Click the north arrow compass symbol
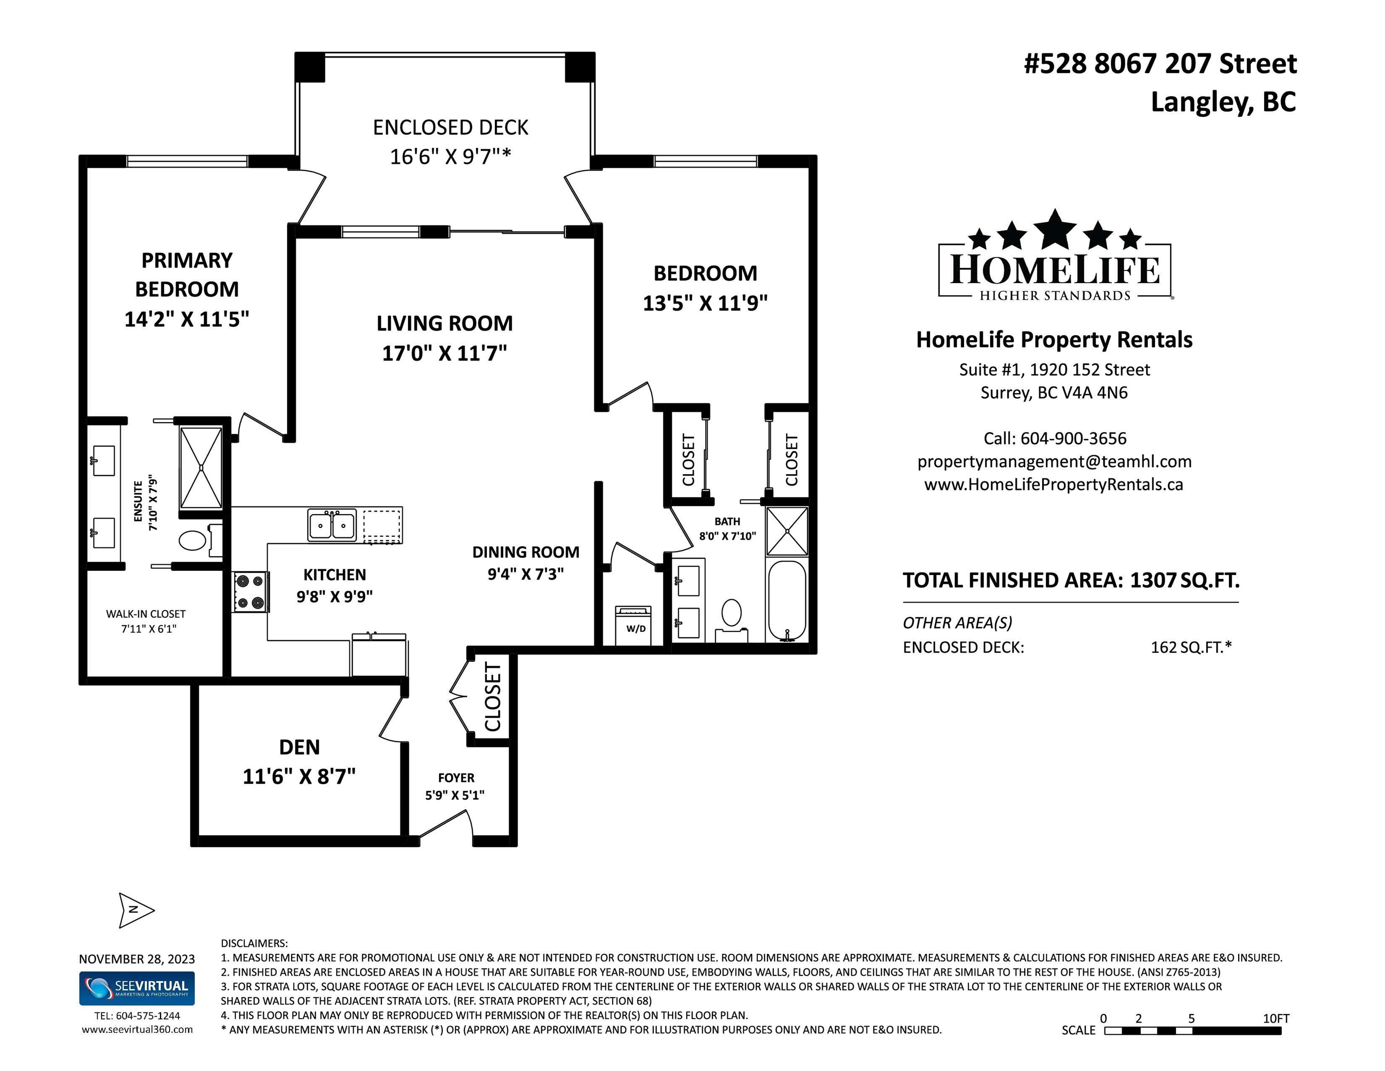pos(136,911)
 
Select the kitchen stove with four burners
pos(250,592)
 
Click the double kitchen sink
pos(332,525)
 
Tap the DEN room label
pos(299,747)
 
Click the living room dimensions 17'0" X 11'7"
pos(445,353)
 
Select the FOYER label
pos(456,778)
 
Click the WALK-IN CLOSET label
pos(146,614)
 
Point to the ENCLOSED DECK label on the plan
pos(450,127)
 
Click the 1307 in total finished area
pos(1153,580)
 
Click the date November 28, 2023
pos(137,959)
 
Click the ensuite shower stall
pos(201,468)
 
